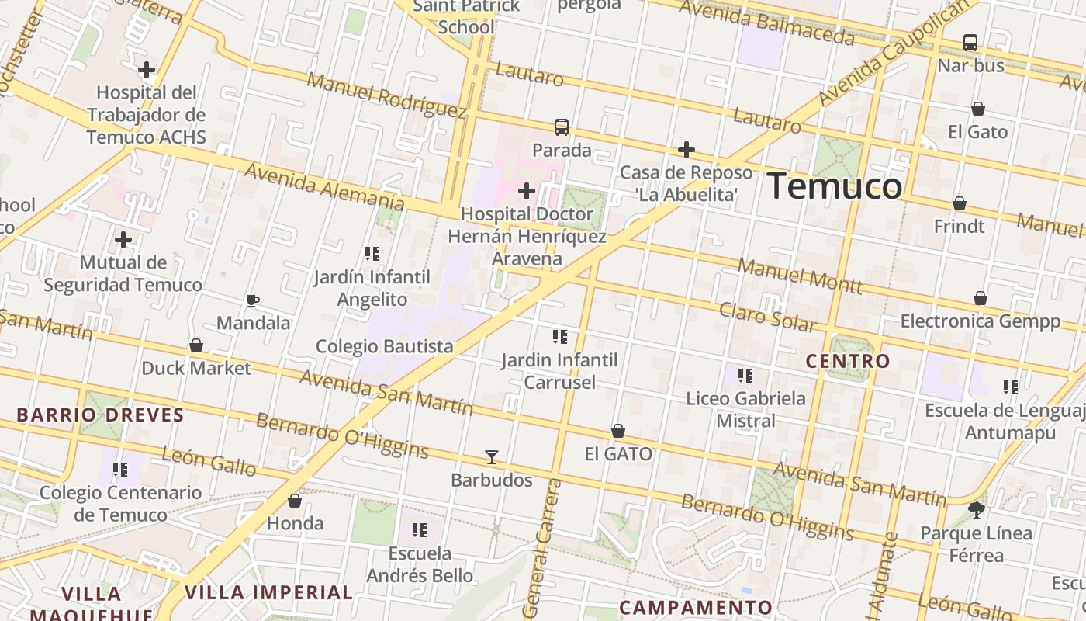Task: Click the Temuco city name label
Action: click(x=835, y=187)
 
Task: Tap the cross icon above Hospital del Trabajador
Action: click(x=147, y=71)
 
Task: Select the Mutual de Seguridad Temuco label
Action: click(x=123, y=274)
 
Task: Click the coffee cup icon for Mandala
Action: click(x=252, y=300)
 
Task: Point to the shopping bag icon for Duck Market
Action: click(x=196, y=345)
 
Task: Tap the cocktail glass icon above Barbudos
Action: click(x=491, y=456)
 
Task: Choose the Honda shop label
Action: click(x=295, y=523)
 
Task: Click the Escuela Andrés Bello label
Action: click(x=420, y=564)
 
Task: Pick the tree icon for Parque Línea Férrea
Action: click(x=977, y=510)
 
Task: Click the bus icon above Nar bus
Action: click(x=970, y=43)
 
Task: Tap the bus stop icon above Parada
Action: click(x=562, y=127)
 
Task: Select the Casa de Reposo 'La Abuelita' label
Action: click(x=686, y=183)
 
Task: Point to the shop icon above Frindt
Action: click(x=960, y=203)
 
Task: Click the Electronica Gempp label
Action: click(x=980, y=321)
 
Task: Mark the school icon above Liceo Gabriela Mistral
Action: click(x=745, y=376)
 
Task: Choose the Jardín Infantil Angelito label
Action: click(x=372, y=288)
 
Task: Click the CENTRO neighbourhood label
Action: click(x=848, y=361)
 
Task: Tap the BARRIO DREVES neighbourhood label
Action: click(x=101, y=415)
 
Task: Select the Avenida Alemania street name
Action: click(x=324, y=186)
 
